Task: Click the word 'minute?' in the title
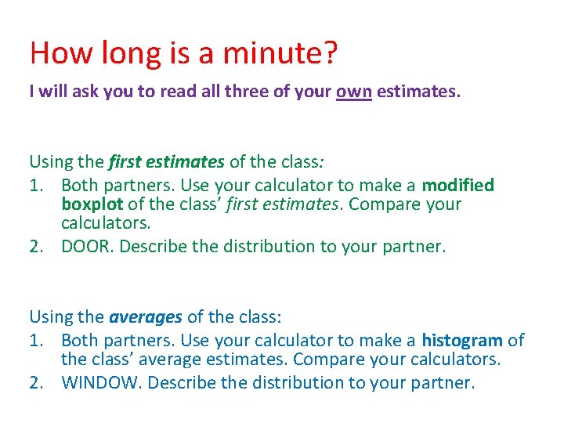(280, 52)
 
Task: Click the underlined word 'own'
(354, 92)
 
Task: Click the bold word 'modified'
(458, 186)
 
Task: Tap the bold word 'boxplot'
(92, 204)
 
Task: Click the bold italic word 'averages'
(146, 317)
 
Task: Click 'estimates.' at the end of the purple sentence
(419, 92)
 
